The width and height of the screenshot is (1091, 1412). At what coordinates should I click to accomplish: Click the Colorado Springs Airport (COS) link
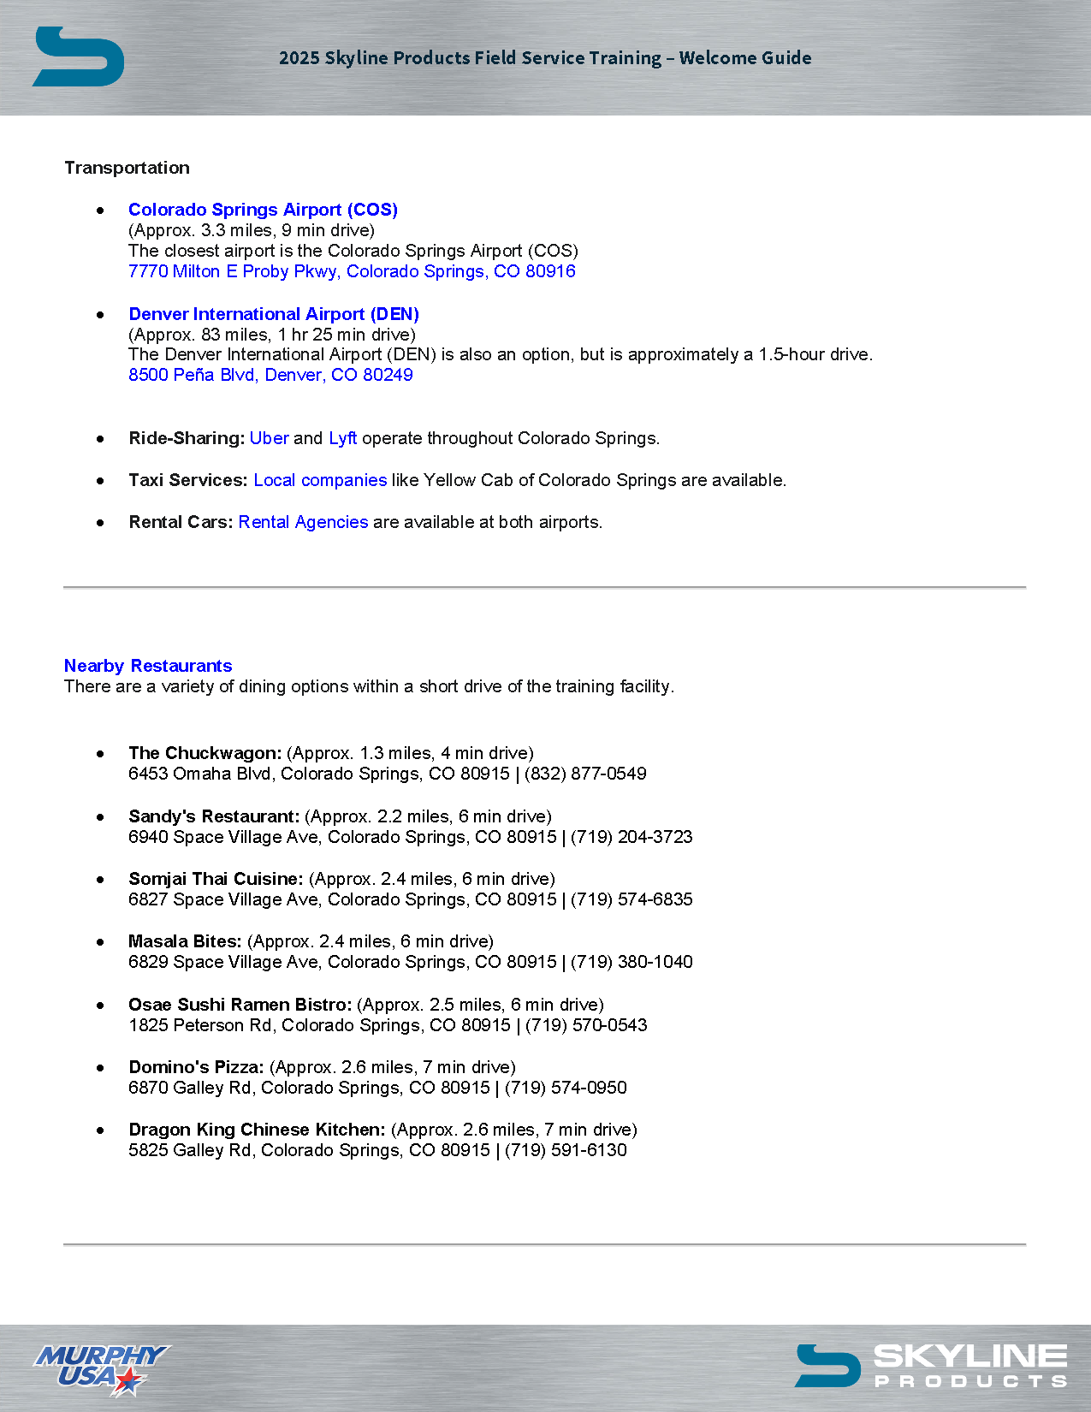[263, 210]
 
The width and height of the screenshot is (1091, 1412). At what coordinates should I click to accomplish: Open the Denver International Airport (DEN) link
[274, 314]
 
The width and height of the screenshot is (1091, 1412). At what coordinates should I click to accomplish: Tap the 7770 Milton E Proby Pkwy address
[352, 271]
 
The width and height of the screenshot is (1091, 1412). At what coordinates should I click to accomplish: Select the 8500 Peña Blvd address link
[270, 375]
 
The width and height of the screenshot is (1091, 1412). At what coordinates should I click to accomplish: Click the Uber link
[269, 438]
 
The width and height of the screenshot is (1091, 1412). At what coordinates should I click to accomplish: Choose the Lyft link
[342, 438]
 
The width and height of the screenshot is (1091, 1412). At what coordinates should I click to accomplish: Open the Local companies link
[320, 480]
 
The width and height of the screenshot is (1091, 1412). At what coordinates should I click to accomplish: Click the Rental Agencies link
[303, 522]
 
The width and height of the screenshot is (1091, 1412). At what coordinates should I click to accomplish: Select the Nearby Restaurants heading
[148, 666]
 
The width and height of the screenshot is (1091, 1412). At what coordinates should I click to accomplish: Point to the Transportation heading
[127, 168]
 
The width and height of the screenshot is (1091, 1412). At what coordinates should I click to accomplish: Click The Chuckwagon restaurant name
[205, 753]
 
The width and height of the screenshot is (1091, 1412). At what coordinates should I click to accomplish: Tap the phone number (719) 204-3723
[631, 837]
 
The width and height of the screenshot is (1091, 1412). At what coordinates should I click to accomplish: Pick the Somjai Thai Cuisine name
[216, 879]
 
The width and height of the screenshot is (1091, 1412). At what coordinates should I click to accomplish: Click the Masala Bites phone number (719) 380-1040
[631, 962]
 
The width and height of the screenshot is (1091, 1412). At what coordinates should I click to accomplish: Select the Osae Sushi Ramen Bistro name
[240, 1005]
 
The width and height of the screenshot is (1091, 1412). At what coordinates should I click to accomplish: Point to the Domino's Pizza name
[196, 1067]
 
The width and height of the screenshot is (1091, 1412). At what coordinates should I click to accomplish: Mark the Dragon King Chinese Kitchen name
[257, 1130]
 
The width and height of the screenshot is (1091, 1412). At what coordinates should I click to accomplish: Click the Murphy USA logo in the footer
[101, 1368]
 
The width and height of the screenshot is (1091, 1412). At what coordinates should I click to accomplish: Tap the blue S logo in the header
[78, 56]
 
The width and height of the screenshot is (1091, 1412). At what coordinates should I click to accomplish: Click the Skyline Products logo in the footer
[931, 1365]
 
